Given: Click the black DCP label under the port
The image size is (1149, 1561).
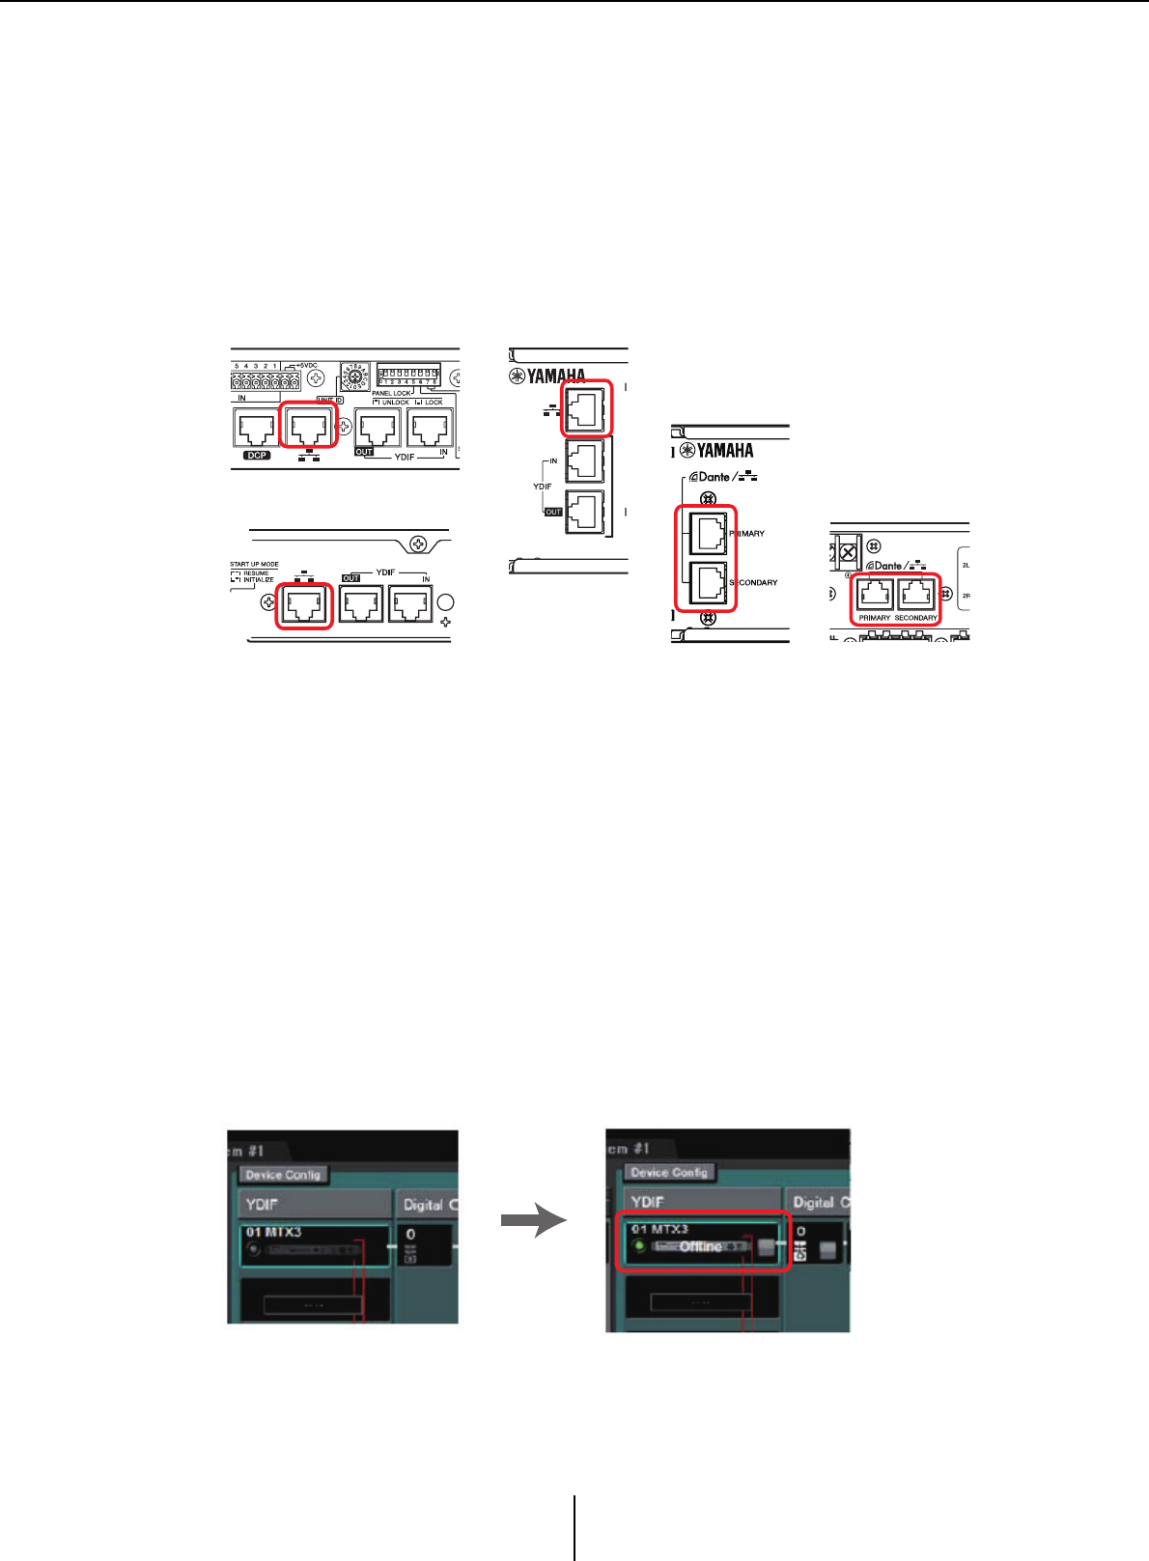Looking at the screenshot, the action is pos(257,455).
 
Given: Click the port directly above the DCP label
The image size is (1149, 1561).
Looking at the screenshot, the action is pos(257,428).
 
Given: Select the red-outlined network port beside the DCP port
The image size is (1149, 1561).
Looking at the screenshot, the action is pos(309,426).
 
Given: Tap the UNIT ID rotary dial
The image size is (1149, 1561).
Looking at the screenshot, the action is pos(353,377).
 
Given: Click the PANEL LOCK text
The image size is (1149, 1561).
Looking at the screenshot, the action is pos(391,393).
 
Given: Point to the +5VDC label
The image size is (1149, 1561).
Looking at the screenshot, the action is pos(306,366).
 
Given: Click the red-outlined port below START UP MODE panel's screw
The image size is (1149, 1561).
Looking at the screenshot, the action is pos(304,606).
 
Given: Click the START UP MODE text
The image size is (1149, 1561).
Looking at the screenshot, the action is pos(254,564).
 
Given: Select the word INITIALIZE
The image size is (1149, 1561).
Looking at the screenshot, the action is pos(259,579).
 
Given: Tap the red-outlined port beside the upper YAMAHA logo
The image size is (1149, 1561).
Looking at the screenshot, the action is pos(586,408).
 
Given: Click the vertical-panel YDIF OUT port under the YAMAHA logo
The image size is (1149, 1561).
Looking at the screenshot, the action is pos(584,512).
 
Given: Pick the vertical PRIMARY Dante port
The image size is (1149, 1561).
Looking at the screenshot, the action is pos(708,531).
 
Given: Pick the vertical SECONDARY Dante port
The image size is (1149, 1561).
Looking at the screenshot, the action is pos(708,582).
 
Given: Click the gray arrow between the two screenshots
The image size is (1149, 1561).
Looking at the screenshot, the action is pos(533,1221).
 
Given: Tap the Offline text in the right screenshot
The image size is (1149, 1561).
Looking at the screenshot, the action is pos(700,1246).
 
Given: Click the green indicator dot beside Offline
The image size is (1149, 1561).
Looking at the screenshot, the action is pos(639,1246).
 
